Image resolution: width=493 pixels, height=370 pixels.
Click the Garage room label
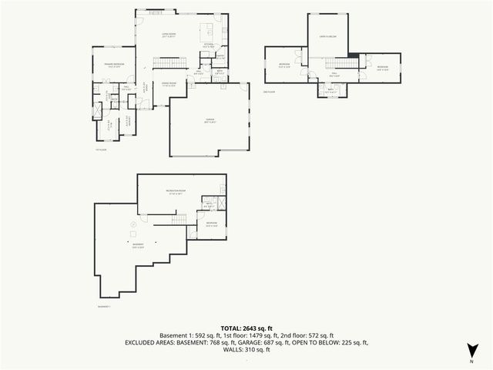[x=210, y=120]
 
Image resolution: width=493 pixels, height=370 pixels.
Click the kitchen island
[x=206, y=31]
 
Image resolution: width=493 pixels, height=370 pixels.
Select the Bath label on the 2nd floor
[x=330, y=90]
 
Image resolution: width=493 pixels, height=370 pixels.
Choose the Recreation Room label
[x=179, y=190]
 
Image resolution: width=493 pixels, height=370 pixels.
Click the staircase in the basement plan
[x=178, y=220]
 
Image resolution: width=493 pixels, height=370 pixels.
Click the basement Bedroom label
[x=213, y=224]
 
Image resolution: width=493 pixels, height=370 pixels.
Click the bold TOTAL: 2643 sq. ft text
[x=246, y=328]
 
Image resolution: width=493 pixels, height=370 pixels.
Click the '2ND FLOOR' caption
[x=269, y=92]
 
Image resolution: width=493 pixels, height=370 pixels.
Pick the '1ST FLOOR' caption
[x=100, y=149]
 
